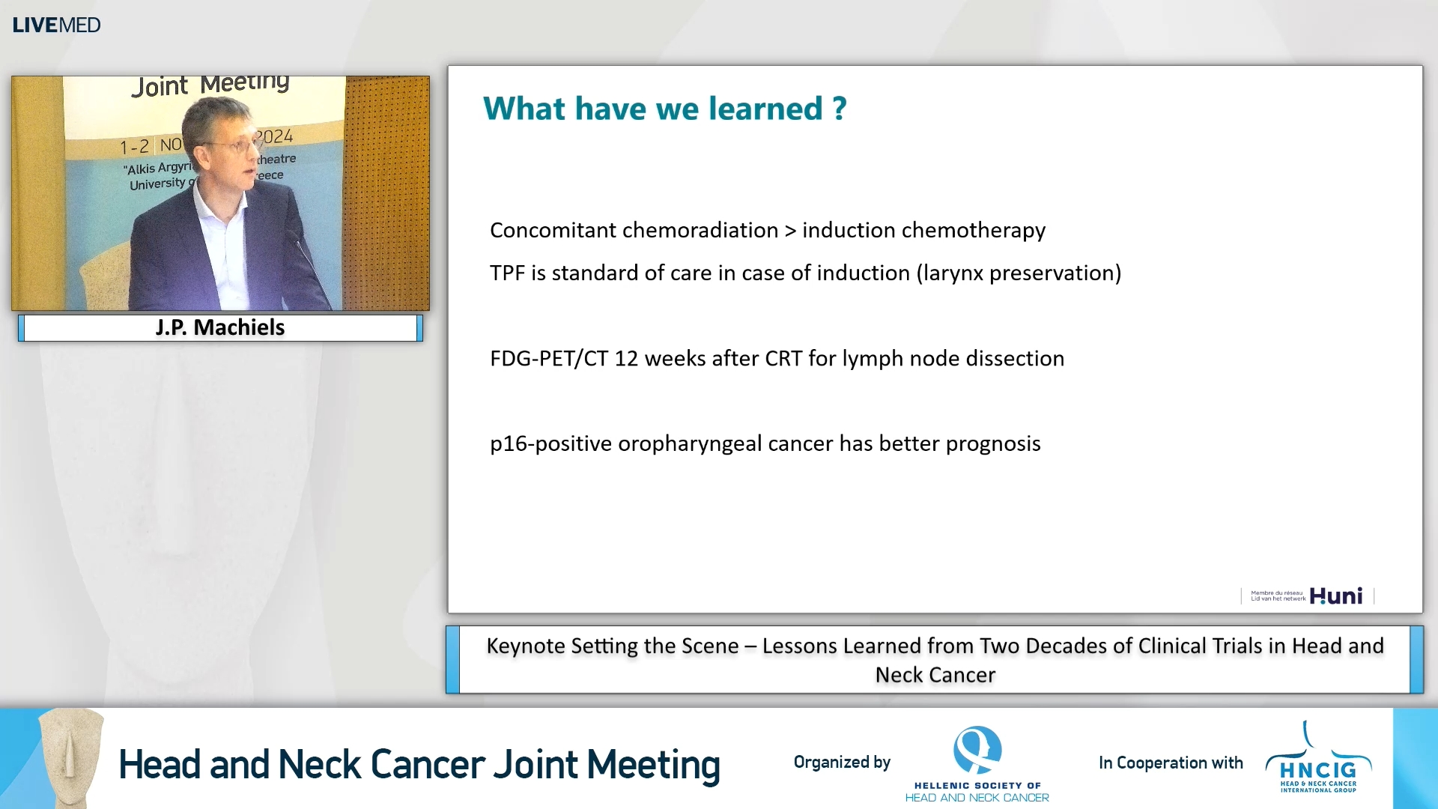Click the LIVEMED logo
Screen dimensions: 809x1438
point(56,25)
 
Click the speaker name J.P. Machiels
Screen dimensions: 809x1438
point(220,327)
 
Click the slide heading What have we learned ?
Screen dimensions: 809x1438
point(665,109)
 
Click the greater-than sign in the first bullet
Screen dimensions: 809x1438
point(790,231)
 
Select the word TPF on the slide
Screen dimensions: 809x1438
point(507,273)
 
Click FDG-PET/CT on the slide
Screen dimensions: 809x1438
point(549,359)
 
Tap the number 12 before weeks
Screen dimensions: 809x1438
point(626,359)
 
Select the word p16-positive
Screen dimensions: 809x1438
point(550,443)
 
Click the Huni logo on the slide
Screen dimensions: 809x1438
point(1335,596)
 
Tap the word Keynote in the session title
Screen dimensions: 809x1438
point(525,646)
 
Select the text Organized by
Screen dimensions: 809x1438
point(842,762)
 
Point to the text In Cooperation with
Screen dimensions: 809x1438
point(1171,763)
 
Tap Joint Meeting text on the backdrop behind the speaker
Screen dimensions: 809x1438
point(210,85)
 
